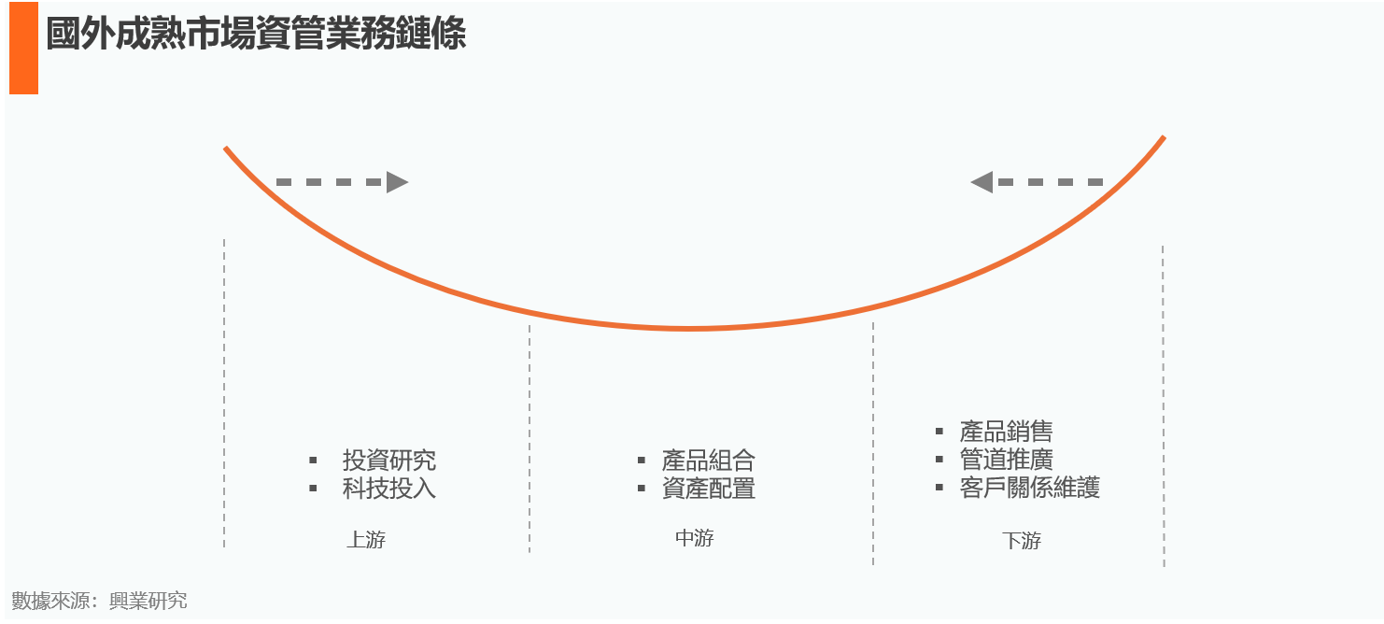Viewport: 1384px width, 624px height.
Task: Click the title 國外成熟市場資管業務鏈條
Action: (255, 35)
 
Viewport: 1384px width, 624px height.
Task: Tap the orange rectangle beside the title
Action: (23, 48)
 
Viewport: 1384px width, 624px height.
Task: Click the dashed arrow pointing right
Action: (342, 182)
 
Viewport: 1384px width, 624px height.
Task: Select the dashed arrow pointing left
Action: (1037, 182)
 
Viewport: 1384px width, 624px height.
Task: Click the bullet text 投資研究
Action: (388, 461)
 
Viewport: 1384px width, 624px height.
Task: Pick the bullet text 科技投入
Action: (388, 489)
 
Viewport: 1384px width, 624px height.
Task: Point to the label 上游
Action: (365, 540)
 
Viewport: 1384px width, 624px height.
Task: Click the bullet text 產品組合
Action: (708, 461)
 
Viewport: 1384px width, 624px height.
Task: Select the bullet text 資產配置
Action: (708, 489)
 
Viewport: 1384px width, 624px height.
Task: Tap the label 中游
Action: (694, 538)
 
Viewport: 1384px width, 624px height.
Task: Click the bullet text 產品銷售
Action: (1006, 432)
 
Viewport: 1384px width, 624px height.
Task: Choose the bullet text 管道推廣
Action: (1006, 460)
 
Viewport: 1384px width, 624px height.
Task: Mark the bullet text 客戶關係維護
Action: (1029, 488)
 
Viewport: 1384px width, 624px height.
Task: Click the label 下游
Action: (1022, 541)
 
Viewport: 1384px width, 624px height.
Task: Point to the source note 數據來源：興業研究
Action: (99, 601)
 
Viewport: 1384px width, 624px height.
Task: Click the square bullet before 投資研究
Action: (314, 461)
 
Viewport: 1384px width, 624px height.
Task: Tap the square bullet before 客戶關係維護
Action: (939, 487)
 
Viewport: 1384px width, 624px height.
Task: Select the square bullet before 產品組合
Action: (641, 461)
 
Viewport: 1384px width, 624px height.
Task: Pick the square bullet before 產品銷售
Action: (939, 431)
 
